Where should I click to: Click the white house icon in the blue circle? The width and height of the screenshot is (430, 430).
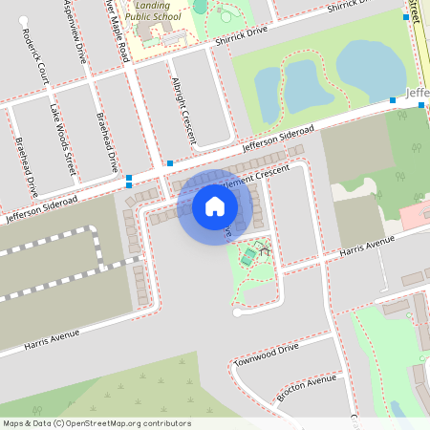[x=215, y=204]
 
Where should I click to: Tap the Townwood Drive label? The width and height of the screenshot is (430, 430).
[x=267, y=355]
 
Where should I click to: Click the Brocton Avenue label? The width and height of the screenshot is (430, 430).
[x=306, y=384]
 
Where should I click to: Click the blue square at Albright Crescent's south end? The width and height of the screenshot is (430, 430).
[x=170, y=163]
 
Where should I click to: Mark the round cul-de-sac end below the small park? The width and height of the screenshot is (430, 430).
[x=237, y=312]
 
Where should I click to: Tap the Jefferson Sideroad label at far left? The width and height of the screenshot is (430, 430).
[x=38, y=207]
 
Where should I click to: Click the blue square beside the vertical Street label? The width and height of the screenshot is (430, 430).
[x=406, y=17]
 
